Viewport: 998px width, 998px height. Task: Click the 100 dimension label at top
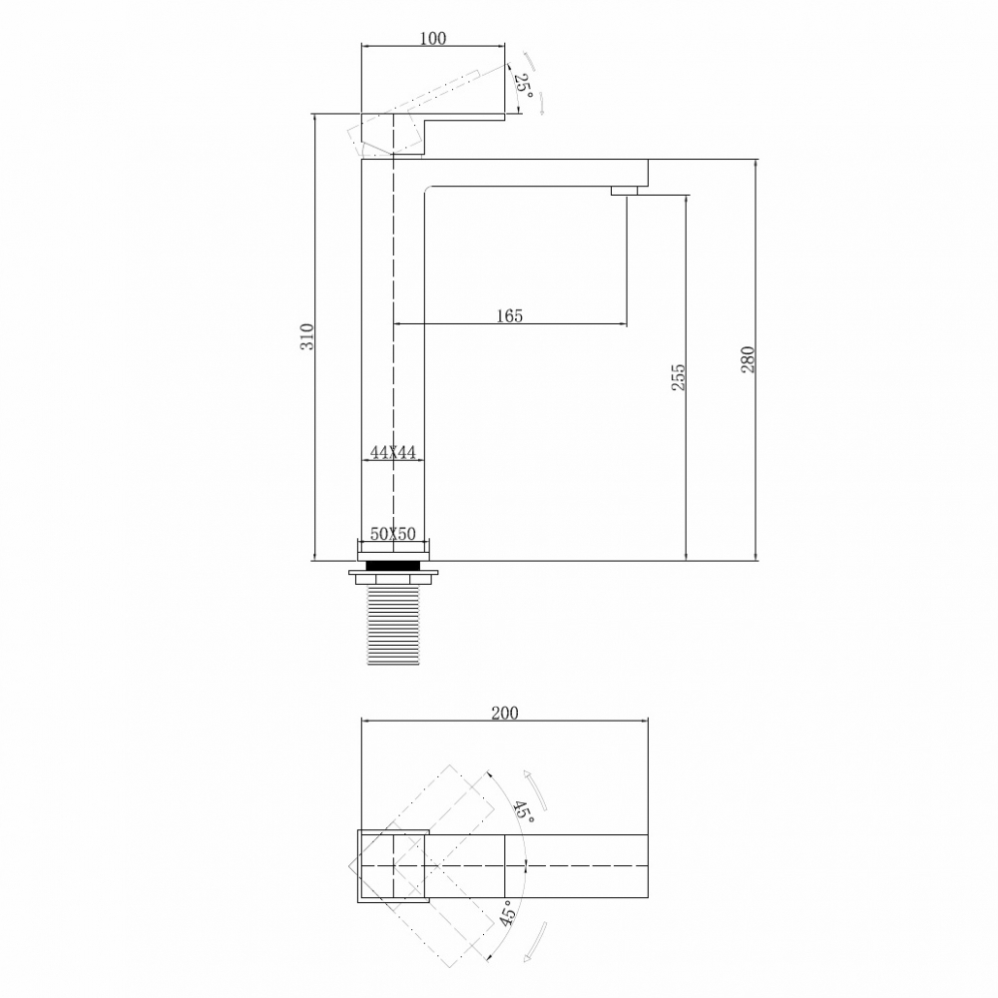point(433,39)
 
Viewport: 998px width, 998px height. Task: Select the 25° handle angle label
point(523,84)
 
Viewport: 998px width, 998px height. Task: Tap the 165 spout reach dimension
point(509,315)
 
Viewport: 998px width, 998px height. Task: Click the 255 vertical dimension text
point(679,377)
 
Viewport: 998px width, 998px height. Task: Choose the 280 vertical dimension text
point(748,358)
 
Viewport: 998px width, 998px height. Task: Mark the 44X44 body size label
point(392,452)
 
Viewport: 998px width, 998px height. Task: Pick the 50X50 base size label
point(392,534)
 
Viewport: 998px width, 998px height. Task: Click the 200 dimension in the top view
point(505,713)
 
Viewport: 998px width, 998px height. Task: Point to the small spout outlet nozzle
point(625,190)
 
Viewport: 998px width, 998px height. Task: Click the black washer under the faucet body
point(394,565)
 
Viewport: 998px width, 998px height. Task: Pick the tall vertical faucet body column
point(393,349)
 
